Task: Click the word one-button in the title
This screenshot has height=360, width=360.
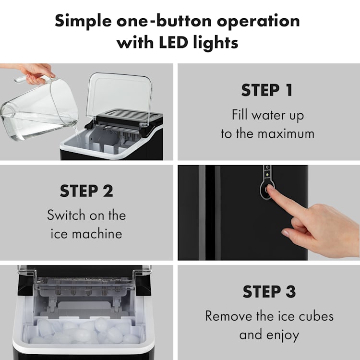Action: pyautogui.click(x=164, y=21)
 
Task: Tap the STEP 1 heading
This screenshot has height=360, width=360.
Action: pyautogui.click(x=267, y=90)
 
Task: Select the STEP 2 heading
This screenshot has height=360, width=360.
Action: pyautogui.click(x=86, y=191)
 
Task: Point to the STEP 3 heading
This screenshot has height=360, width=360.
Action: pyautogui.click(x=269, y=291)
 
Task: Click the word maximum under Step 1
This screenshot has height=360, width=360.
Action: pyautogui.click(x=286, y=134)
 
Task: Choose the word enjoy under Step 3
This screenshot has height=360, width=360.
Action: pyautogui.click(x=283, y=335)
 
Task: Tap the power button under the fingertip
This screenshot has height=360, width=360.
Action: pyautogui.click(x=267, y=190)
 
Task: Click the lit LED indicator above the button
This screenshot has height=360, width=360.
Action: pyautogui.click(x=267, y=175)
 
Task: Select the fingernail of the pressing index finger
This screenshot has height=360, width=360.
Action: pyautogui.click(x=270, y=187)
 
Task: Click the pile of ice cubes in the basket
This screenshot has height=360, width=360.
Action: pyautogui.click(x=84, y=331)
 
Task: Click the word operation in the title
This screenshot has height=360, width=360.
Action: pyautogui.click(x=258, y=22)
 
